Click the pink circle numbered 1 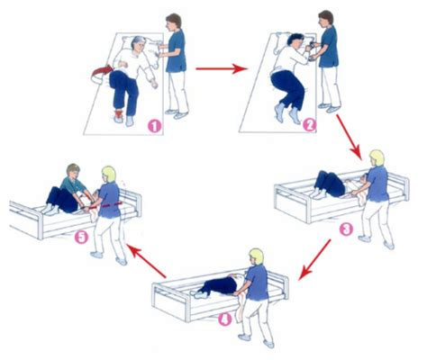[x=154, y=127]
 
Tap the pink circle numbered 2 [x=309, y=125]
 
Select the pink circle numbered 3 [x=346, y=229]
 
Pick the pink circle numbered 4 [x=225, y=319]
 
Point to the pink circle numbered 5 [x=82, y=238]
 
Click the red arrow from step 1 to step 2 [x=222, y=69]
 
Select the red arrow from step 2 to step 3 [x=348, y=136]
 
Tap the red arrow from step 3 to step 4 [x=315, y=260]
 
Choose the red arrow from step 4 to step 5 [x=146, y=261]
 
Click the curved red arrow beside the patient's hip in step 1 [x=101, y=75]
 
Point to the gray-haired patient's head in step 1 [x=139, y=44]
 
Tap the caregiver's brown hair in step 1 [x=175, y=20]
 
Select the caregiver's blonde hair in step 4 [x=258, y=256]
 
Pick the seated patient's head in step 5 [x=73, y=172]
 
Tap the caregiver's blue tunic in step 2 [x=330, y=48]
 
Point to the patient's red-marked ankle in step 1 [x=120, y=114]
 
